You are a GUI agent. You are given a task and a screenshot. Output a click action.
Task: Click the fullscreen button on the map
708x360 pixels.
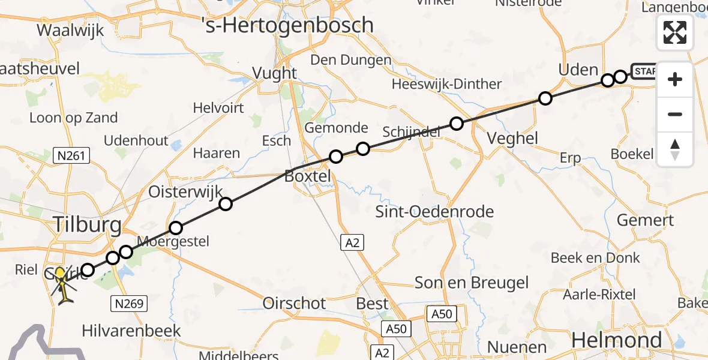[x=675, y=32]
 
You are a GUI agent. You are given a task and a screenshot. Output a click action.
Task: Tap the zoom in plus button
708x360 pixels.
[x=675, y=79]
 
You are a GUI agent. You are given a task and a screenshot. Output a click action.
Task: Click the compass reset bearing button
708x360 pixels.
[x=675, y=149]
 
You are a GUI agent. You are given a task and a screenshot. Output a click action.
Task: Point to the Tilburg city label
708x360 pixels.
[x=88, y=226]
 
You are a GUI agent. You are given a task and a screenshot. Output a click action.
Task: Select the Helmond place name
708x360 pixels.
[x=617, y=340]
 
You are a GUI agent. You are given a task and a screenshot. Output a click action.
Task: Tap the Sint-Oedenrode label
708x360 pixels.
[x=434, y=211]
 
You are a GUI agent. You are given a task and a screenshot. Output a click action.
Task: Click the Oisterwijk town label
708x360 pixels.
[x=185, y=192]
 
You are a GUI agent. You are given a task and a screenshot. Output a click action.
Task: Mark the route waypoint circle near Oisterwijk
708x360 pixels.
[x=225, y=204]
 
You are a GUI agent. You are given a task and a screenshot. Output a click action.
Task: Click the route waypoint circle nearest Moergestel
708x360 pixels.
[x=175, y=228]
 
